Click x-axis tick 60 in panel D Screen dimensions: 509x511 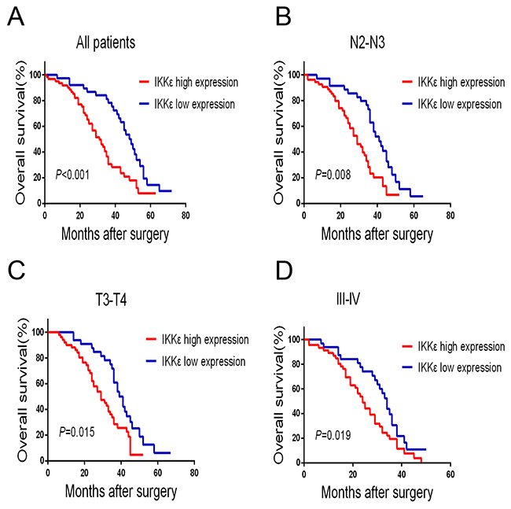pyautogui.click(x=450, y=474)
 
